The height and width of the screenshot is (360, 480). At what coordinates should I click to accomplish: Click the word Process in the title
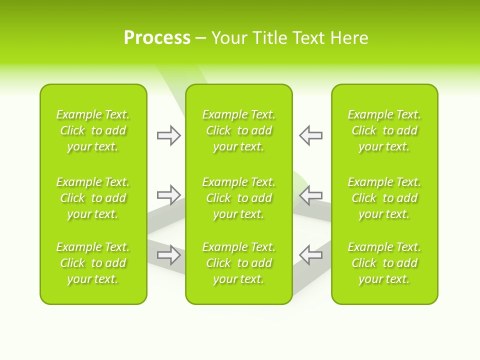tap(157, 38)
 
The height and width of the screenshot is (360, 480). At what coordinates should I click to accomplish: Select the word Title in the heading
tap(270, 38)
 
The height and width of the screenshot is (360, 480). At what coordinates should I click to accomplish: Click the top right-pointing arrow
tap(168, 135)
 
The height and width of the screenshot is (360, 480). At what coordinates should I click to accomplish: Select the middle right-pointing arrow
tap(168, 194)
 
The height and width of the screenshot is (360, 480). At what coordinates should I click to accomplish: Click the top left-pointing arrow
tap(310, 135)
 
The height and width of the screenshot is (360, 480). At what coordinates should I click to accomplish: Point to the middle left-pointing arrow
tap(310, 194)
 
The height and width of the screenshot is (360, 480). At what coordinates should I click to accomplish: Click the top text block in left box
tap(93, 130)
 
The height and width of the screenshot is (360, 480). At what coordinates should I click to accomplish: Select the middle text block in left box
tap(93, 198)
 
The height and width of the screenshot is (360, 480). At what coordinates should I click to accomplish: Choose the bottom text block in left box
tap(93, 263)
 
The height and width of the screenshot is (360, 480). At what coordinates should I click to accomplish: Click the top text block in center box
tap(238, 130)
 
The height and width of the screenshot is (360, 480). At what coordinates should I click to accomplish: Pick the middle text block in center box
tap(238, 198)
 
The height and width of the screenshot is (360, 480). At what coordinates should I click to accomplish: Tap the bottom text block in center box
tap(238, 263)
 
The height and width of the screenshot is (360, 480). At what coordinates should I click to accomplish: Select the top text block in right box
tap(384, 130)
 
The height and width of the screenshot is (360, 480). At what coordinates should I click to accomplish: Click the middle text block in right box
tap(384, 198)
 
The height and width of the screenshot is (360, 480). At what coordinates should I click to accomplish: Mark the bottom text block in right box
tap(384, 263)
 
